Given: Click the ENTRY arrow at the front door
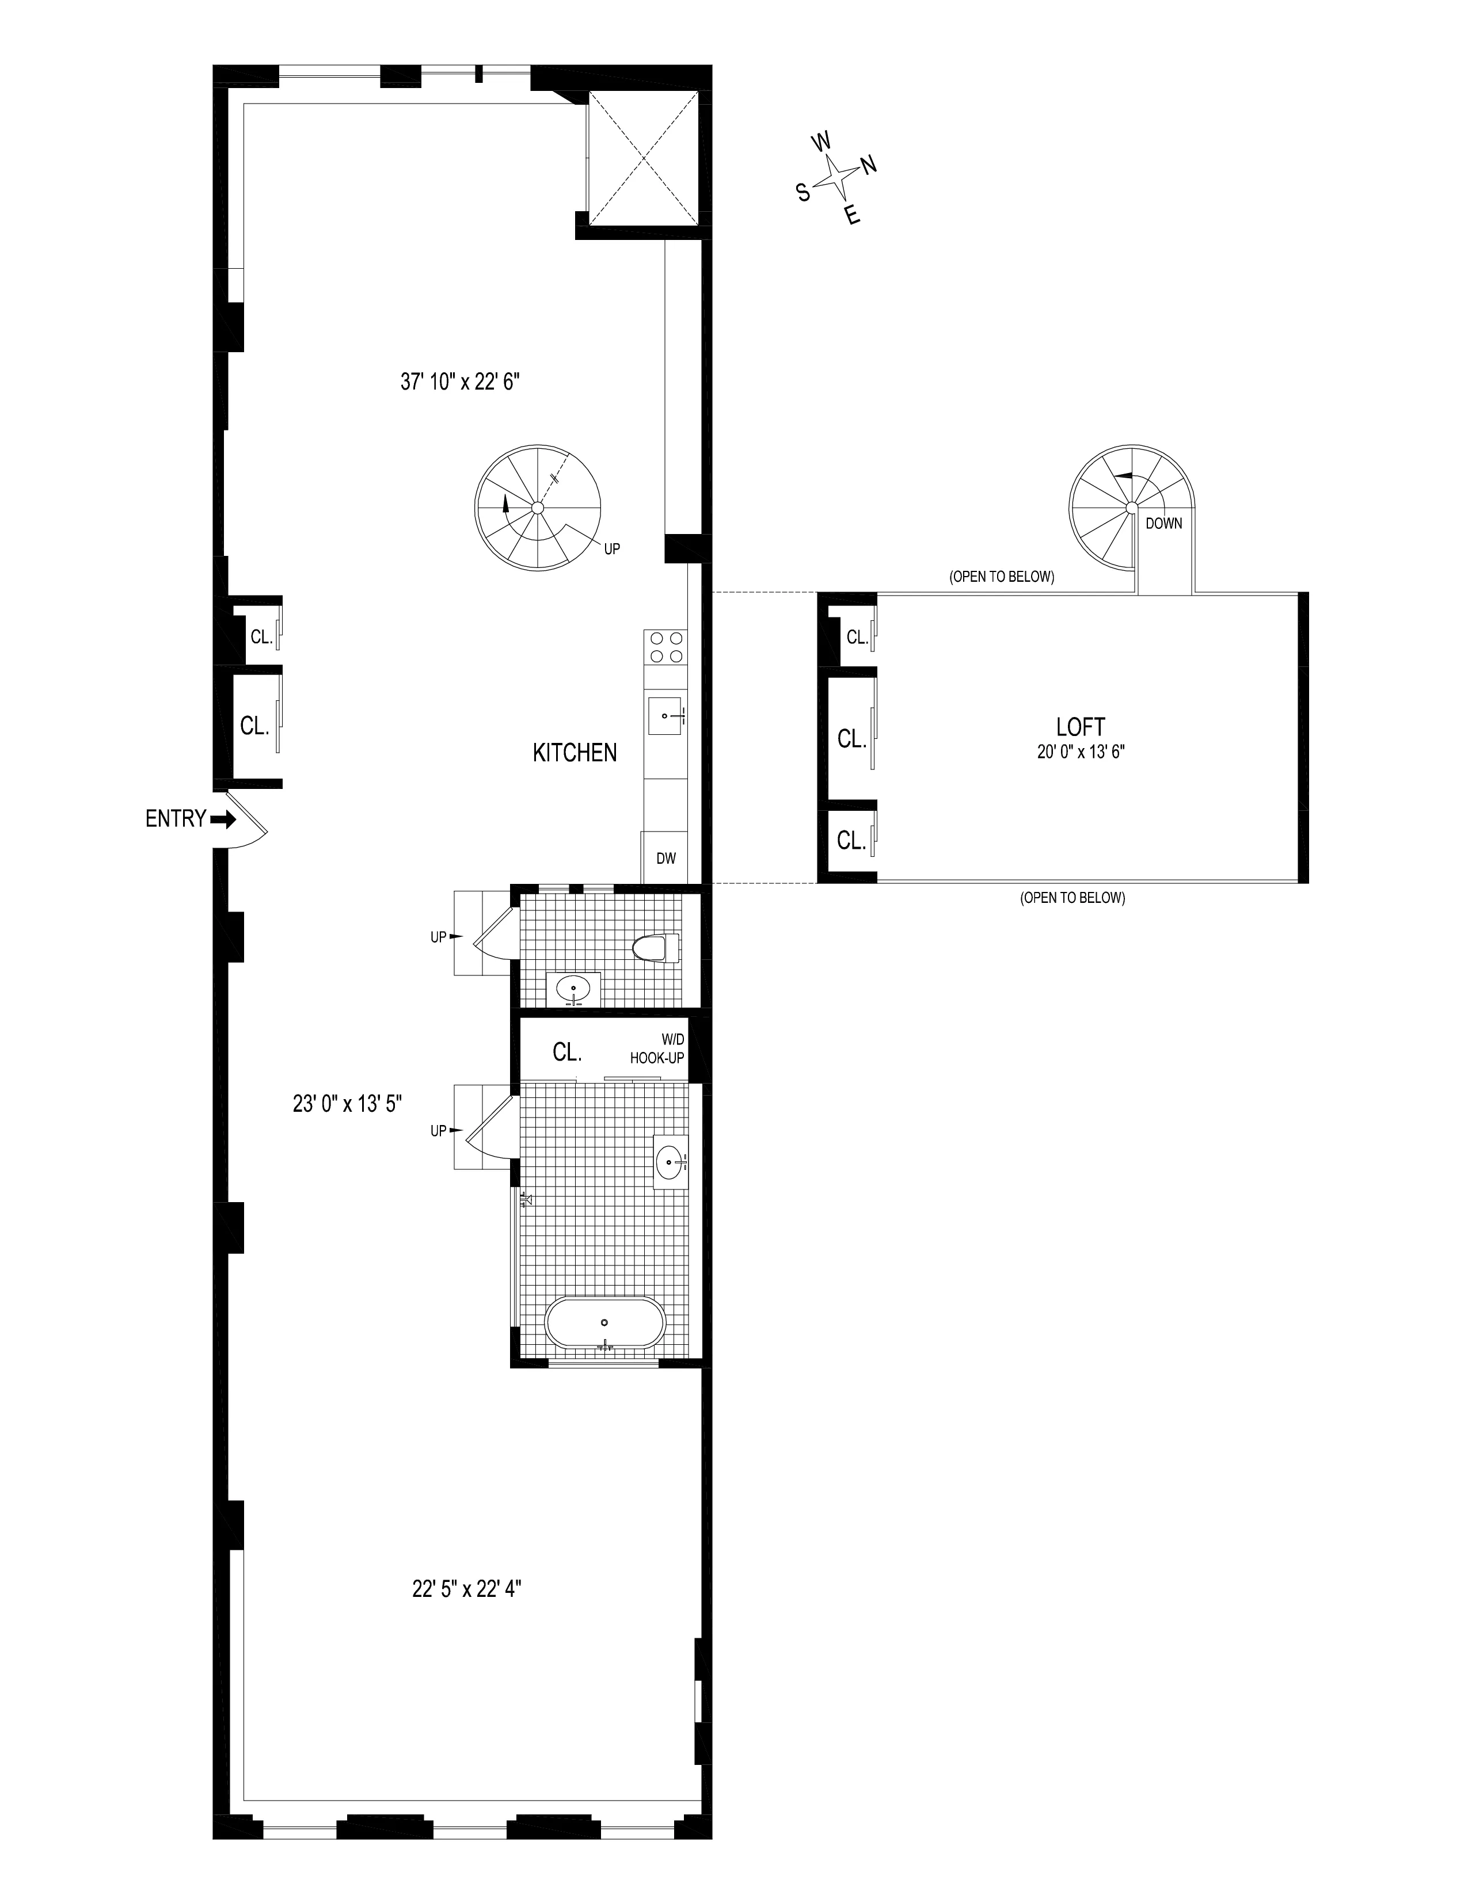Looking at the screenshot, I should (223, 819).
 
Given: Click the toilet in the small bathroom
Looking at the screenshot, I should (657, 948).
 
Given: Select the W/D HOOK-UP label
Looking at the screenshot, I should (657, 1051).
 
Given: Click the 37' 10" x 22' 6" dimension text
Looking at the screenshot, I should (460, 382).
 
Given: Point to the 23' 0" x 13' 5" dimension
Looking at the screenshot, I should (347, 1104).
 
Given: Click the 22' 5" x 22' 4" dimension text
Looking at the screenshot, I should (466, 1589).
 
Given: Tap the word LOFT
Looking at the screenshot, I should (1080, 727).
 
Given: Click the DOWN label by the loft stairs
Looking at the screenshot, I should (1163, 524).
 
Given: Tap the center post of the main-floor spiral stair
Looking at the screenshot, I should (538, 508).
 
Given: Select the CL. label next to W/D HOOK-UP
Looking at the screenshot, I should (567, 1052).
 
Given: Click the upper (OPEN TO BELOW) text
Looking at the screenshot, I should (1002, 577).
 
